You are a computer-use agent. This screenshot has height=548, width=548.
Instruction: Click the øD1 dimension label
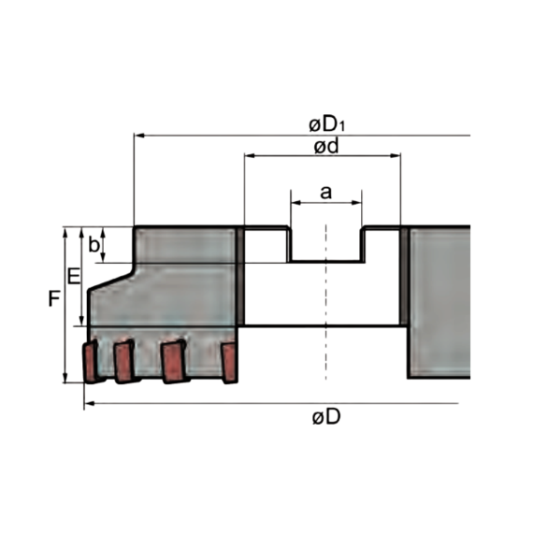(326, 124)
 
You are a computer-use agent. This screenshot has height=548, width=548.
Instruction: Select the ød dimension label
(326, 146)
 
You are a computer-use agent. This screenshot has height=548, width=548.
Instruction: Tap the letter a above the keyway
(325, 193)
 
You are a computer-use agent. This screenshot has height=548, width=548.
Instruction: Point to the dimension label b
(94, 244)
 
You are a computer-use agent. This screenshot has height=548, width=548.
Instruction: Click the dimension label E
(74, 277)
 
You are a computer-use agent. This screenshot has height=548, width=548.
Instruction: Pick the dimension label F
(54, 299)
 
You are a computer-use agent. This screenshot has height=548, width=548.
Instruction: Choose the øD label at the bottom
(326, 416)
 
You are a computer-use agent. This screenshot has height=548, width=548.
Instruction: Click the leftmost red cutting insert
(90, 363)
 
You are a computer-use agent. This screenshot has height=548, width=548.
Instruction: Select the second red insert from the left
(124, 362)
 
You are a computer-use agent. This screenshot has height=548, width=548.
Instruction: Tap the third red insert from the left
(174, 362)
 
